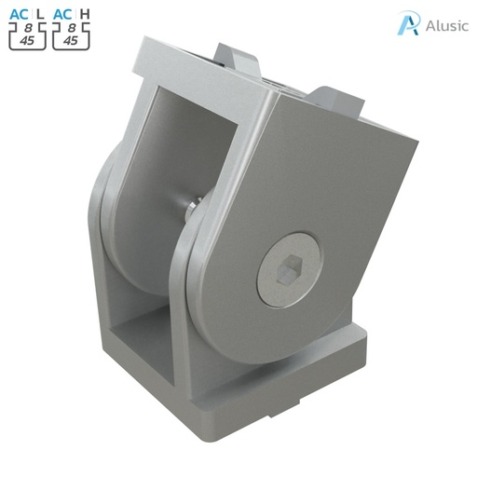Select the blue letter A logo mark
[x=407, y=23]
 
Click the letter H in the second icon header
[x=85, y=14]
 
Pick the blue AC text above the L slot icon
[x=19, y=14]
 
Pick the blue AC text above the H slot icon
[x=63, y=14]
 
